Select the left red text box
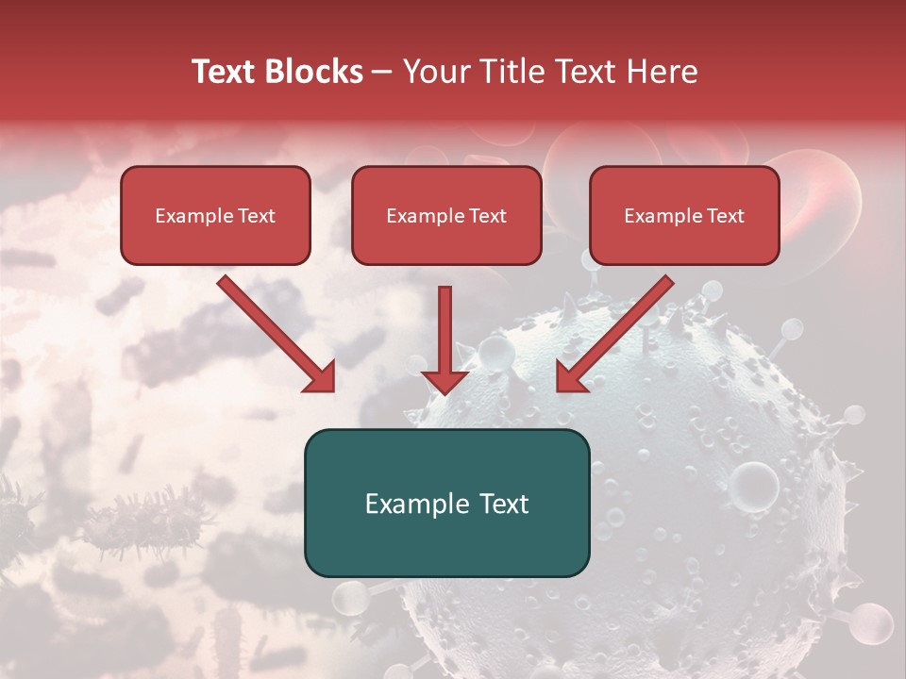pyautogui.click(x=215, y=215)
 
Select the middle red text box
pyautogui.click(x=446, y=215)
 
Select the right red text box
pyautogui.click(x=684, y=215)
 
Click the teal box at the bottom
pyautogui.click(x=446, y=504)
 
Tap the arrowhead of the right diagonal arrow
pyautogui.click(x=572, y=376)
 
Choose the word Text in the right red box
pyautogui.click(x=725, y=216)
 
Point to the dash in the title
pyautogui.click(x=382, y=73)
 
